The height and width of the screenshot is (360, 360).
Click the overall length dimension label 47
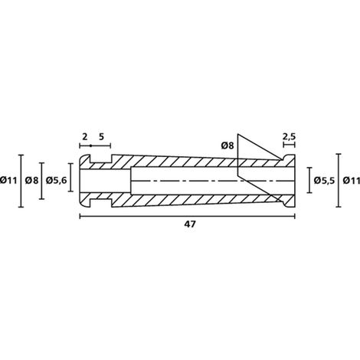190,224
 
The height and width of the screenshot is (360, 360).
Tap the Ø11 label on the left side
8,181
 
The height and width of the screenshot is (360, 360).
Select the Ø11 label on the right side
352,181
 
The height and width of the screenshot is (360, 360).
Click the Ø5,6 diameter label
56,181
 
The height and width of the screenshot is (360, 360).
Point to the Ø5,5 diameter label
324,181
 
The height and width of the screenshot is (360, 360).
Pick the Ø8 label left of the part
31,181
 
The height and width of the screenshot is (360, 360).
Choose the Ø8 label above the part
227,146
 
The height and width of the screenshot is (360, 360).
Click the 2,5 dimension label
289,137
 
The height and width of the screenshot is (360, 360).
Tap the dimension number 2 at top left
85,137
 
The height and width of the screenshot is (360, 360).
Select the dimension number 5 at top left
101,137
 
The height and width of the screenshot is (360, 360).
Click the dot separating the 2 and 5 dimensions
90,146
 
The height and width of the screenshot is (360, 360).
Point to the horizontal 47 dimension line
188,217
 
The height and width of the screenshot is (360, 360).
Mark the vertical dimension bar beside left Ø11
21,181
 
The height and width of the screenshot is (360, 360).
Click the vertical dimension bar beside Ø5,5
309,180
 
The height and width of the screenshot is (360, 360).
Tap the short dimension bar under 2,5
290,145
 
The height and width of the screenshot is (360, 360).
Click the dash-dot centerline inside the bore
212,181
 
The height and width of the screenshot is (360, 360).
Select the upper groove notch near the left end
101,159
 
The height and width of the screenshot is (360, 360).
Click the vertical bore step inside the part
131,181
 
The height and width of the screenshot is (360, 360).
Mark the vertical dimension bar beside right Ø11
339,180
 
